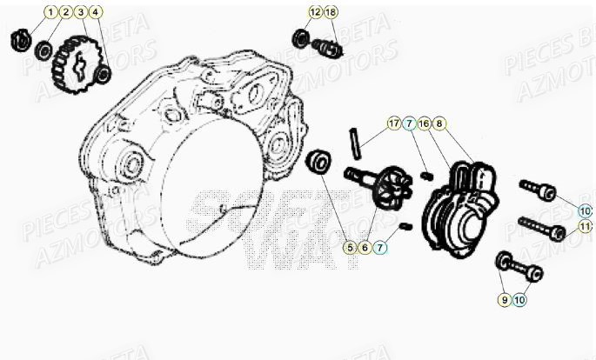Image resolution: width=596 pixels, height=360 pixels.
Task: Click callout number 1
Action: (50, 12)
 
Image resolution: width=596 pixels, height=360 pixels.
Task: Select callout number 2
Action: (65, 12)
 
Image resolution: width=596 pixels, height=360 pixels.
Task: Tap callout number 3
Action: (80, 12)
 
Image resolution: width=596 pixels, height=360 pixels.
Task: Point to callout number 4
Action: (95, 12)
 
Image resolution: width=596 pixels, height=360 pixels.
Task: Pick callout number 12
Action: (315, 12)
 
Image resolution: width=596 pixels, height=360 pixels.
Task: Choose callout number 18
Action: (331, 12)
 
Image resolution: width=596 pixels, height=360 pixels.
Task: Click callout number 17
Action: (395, 123)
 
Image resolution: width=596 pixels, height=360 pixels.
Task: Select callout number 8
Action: (439, 123)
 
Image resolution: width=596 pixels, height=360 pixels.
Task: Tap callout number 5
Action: (350, 248)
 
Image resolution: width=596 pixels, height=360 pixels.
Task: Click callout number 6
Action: (365, 248)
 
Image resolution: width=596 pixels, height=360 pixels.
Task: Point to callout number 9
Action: (504, 299)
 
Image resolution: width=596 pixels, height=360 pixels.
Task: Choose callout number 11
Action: (586, 227)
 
